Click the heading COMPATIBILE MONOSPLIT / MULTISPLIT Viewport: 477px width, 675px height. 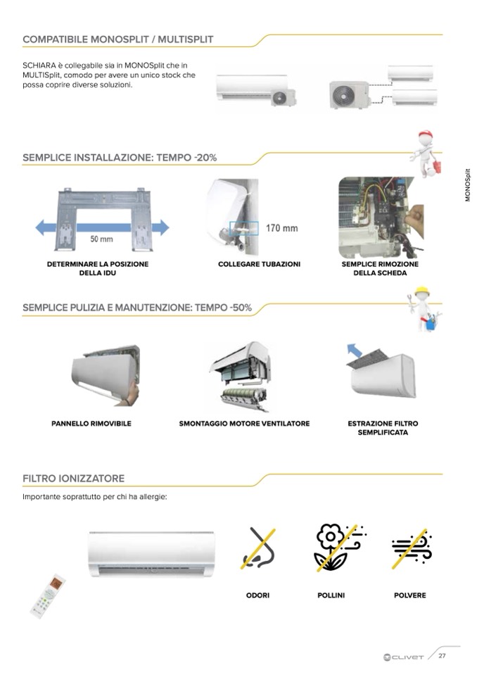coord(117,39)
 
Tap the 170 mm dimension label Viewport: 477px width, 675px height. coord(281,228)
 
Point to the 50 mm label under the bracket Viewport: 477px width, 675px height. coord(102,239)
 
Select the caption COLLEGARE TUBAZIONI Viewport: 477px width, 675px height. coord(259,264)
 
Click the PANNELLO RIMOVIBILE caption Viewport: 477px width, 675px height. coord(91,424)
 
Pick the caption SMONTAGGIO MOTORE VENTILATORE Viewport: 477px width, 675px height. coord(244,424)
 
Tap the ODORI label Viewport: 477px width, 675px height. coord(257,595)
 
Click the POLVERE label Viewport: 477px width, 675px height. coord(410,595)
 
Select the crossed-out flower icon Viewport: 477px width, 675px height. coord(336,547)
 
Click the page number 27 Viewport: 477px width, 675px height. coord(442,656)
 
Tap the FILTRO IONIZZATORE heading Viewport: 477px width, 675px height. coord(73,479)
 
